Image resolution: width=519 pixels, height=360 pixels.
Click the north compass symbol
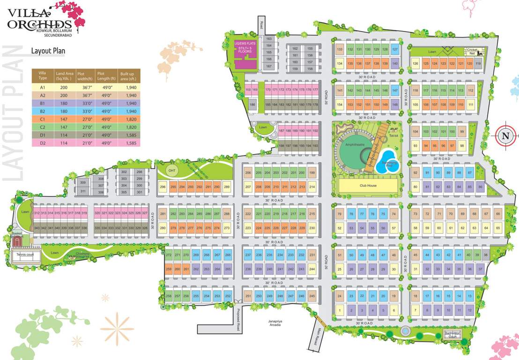505,136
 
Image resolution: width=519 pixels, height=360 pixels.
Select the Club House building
368,186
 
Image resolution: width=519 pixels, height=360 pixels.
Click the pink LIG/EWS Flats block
245,55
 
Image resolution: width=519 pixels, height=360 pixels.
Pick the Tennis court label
25,255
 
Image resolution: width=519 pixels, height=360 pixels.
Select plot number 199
312,173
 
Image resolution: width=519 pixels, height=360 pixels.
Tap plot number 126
415,64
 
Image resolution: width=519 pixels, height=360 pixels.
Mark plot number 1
339,310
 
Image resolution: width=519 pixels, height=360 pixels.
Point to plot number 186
252,105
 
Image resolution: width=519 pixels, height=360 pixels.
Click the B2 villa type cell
42,112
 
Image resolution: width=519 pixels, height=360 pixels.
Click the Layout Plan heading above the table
48,51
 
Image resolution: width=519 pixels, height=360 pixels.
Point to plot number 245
312,296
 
